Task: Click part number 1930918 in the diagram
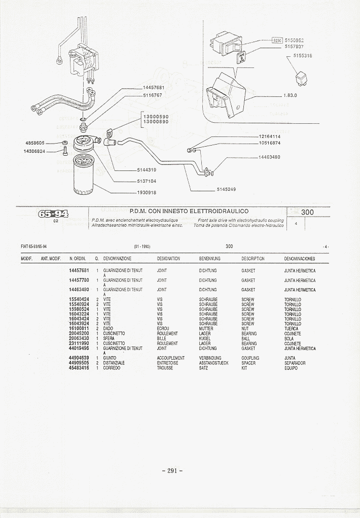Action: [146, 192]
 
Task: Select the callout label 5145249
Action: [226, 189]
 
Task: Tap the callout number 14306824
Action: [34, 151]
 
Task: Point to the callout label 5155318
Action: [302, 56]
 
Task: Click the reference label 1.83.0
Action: [291, 95]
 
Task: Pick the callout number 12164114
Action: [269, 136]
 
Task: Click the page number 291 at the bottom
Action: [172, 470]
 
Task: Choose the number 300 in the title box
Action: [307, 212]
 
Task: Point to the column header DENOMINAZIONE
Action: [117, 259]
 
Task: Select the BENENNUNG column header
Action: [210, 259]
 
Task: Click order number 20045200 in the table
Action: [79, 334]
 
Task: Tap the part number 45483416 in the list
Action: [79, 368]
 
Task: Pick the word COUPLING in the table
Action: [250, 358]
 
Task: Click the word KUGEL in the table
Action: [204, 338]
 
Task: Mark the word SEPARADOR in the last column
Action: [295, 363]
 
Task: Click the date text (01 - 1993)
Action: [142, 247]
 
